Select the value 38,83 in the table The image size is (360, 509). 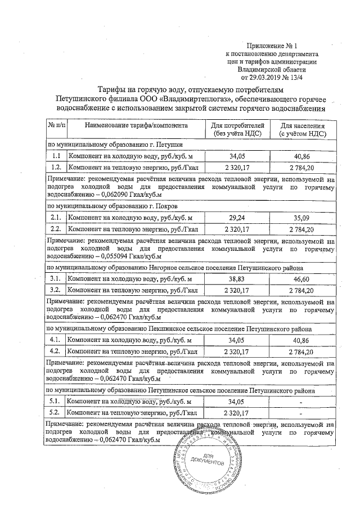[236, 279]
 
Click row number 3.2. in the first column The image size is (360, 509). [56, 290]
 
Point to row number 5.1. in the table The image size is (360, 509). [56, 402]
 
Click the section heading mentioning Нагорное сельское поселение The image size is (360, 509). [174, 268]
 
